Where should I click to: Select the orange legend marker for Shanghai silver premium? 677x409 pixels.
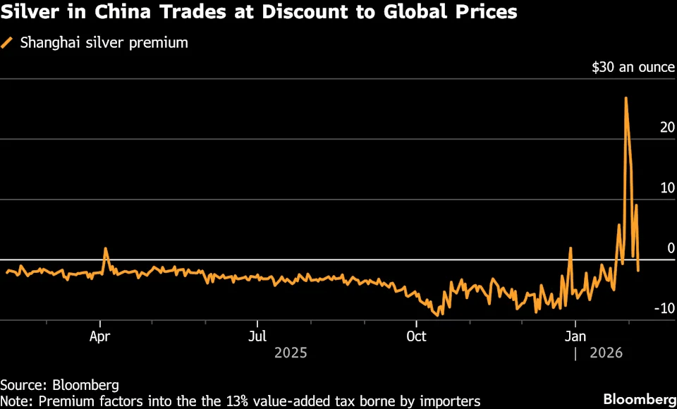[8, 43]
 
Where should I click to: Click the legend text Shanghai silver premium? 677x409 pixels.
[104, 43]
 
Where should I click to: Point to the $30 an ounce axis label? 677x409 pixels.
[633, 68]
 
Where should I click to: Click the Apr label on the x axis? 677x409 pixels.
[100, 335]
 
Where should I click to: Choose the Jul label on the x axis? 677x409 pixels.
[258, 335]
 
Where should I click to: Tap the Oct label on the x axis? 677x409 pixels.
[416, 335]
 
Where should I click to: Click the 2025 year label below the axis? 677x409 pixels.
[291, 352]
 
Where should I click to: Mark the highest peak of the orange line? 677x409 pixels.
[626, 98]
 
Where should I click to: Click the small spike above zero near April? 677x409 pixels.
[105, 249]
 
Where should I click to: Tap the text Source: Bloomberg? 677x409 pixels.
[59, 385]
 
